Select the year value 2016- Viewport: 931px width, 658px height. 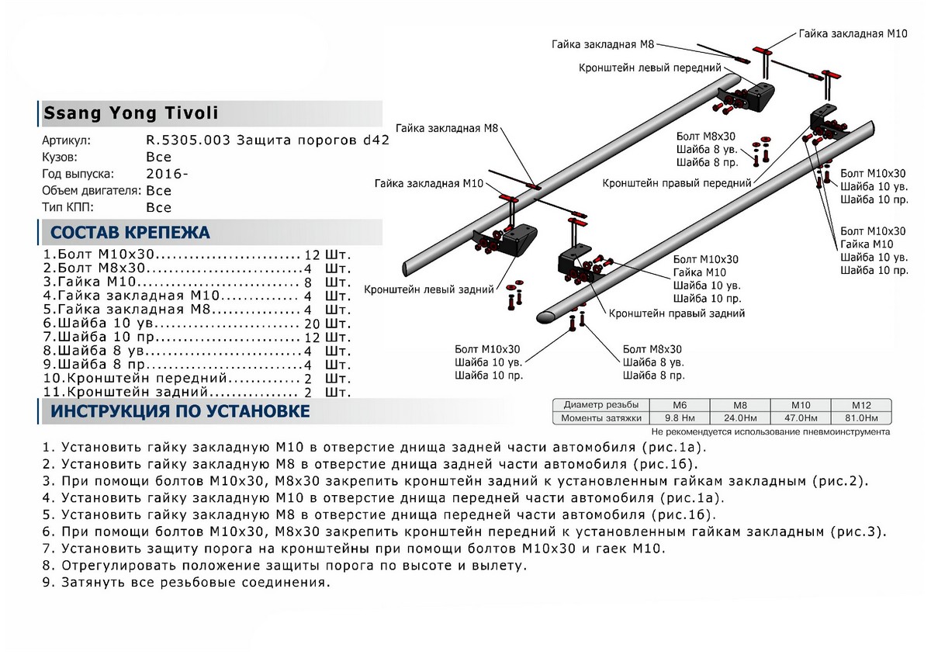[x=167, y=174]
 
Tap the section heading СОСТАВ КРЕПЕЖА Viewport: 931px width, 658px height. [x=130, y=233]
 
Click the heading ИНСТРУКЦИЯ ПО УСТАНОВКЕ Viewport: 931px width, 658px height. [x=180, y=411]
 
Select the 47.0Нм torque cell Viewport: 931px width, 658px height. [x=800, y=418]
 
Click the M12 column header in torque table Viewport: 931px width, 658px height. [x=860, y=405]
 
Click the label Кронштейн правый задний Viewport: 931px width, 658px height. [x=677, y=313]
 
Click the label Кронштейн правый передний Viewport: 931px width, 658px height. [x=677, y=183]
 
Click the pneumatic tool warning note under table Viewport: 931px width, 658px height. [x=770, y=431]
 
